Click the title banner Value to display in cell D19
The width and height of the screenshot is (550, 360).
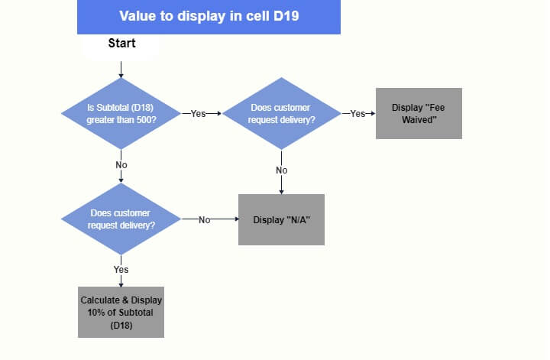pos(208,16)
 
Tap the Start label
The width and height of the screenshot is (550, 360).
pos(121,44)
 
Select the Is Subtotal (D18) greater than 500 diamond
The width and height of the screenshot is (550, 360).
pos(121,113)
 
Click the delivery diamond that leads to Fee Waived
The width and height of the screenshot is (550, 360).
pos(282,113)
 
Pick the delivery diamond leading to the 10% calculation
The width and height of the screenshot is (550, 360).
pos(121,219)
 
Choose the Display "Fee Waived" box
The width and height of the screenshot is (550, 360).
pos(419,113)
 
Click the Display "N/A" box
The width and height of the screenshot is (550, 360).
pos(281,219)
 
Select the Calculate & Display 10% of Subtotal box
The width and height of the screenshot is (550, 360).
pos(121,311)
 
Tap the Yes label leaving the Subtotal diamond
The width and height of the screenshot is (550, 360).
pos(199,113)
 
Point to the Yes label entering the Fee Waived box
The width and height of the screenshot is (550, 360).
pos(357,113)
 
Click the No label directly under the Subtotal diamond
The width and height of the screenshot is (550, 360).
pos(121,165)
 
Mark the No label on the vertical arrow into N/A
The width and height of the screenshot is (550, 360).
pos(282,170)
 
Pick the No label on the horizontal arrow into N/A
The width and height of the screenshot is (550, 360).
pos(204,219)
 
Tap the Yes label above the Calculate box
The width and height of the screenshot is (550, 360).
pos(121,270)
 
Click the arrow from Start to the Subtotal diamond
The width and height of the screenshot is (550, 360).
pos(121,67)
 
